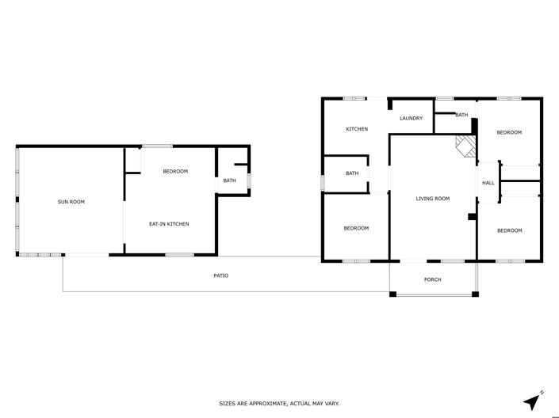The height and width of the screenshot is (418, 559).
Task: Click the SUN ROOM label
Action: (x=71, y=202)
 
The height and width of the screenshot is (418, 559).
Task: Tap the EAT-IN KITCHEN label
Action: (x=169, y=224)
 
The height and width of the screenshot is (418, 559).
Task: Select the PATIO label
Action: (x=221, y=275)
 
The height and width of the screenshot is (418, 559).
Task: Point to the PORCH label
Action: (x=432, y=279)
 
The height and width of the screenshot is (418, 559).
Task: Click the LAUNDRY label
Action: (x=411, y=119)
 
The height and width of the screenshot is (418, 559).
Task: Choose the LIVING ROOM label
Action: (x=432, y=199)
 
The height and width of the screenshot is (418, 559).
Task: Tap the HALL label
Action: (x=488, y=184)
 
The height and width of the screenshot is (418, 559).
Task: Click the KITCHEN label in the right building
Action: (x=356, y=129)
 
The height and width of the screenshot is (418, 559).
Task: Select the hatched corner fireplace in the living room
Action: (x=465, y=146)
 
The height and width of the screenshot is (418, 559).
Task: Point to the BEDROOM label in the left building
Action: (x=175, y=171)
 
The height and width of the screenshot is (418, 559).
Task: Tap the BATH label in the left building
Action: (x=229, y=180)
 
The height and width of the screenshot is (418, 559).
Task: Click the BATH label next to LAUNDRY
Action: (x=462, y=116)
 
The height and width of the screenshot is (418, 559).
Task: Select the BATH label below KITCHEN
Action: (x=352, y=173)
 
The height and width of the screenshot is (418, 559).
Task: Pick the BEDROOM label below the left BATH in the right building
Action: (x=356, y=229)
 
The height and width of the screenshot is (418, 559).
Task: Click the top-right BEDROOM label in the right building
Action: (x=509, y=132)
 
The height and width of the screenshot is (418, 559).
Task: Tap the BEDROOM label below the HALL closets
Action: (x=509, y=230)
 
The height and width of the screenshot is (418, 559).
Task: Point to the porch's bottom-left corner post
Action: (x=392, y=294)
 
